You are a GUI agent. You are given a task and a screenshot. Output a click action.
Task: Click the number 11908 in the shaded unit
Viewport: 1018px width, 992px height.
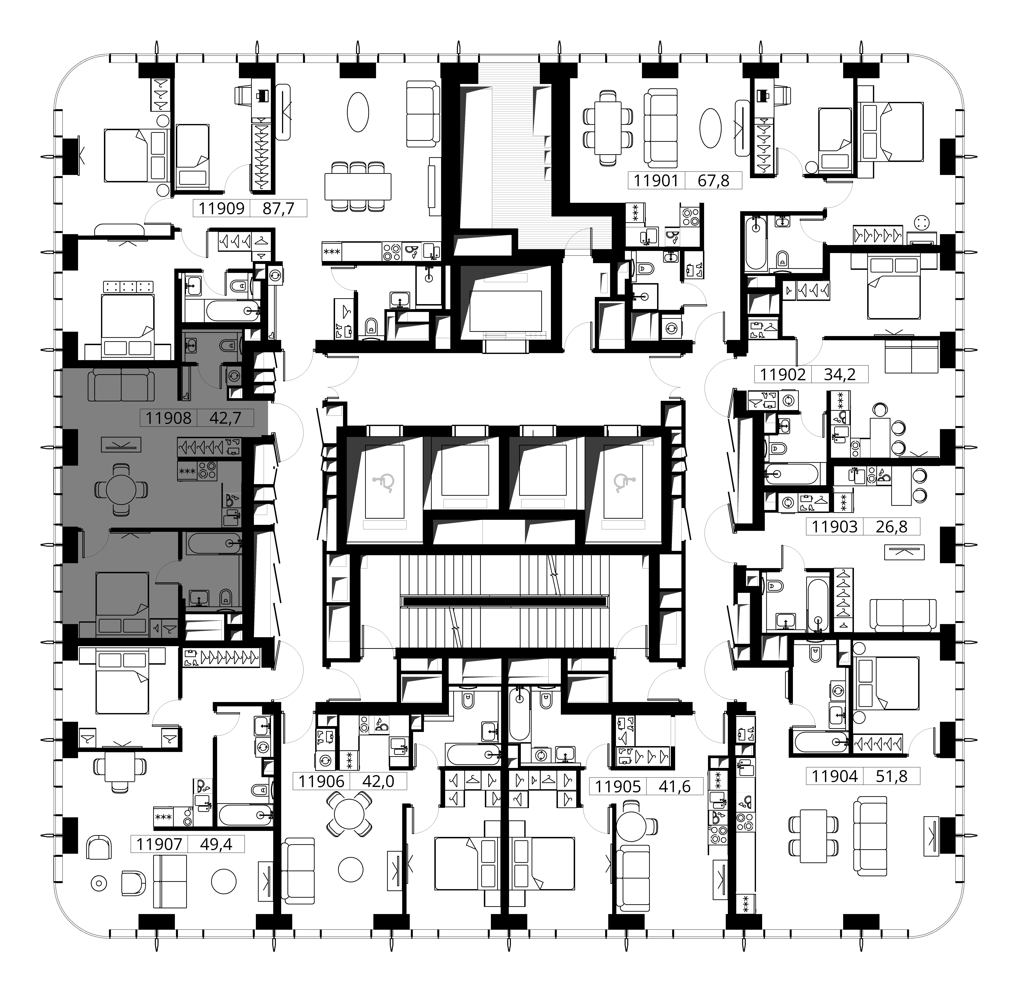169,418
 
